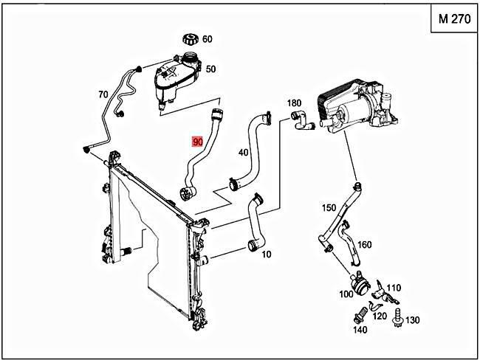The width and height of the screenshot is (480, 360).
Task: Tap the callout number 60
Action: tap(208, 39)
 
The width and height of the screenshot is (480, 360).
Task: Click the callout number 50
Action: tap(210, 69)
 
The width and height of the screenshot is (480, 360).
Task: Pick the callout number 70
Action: tap(103, 94)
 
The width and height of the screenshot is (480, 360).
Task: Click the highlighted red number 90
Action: tap(197, 141)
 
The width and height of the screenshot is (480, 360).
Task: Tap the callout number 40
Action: tap(243, 153)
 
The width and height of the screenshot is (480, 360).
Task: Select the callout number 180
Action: tap(295, 103)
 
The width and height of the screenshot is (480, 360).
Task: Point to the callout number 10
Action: tap(266, 255)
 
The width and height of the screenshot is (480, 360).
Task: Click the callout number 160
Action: tap(365, 245)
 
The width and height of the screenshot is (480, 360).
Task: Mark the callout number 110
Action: tap(393, 288)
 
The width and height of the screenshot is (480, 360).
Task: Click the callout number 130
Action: tap(412, 319)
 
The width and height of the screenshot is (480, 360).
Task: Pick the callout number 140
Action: tap(360, 330)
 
